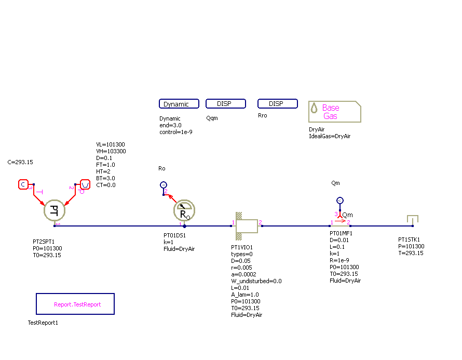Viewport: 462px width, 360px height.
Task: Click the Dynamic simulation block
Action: [x=179, y=104]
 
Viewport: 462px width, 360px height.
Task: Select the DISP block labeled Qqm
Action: [x=225, y=104]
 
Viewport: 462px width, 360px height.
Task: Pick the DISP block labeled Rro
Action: [x=277, y=104]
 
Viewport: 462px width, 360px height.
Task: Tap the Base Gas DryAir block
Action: [x=334, y=112]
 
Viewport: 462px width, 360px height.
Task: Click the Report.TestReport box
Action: [x=75, y=304]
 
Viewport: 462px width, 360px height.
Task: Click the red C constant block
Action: [x=23, y=184]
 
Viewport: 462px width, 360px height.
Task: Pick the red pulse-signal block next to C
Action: [x=85, y=184]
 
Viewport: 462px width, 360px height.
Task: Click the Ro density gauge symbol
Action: [x=184, y=210]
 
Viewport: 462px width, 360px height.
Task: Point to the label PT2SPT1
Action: [x=44, y=242]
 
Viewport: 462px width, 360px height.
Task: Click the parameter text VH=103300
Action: [x=111, y=151]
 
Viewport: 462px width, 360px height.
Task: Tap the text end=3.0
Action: [x=171, y=125]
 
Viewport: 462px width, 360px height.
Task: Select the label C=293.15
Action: [x=20, y=162]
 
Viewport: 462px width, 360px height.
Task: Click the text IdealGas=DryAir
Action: [x=330, y=136]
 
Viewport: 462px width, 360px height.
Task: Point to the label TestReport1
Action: [x=43, y=323]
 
